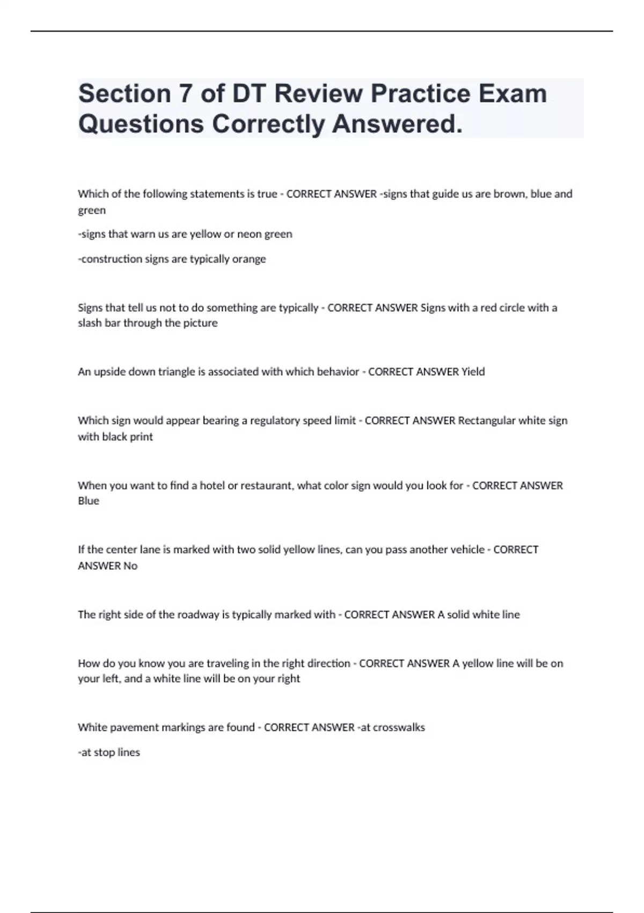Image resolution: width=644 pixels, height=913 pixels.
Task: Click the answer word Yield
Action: tap(473, 372)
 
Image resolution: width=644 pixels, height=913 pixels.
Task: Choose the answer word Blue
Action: tap(89, 501)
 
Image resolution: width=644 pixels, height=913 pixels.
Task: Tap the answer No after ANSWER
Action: tap(130, 566)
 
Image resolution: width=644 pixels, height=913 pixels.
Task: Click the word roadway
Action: tap(198, 614)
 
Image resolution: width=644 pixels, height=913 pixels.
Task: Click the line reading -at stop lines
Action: tap(109, 752)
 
